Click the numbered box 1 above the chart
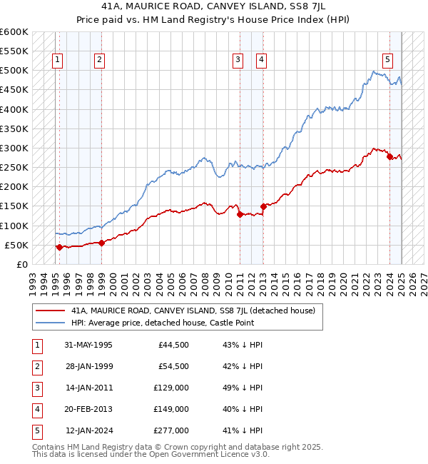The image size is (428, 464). pos(56,60)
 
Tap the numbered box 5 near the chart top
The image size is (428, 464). pos(387,60)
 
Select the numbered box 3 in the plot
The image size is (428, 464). pos(238,60)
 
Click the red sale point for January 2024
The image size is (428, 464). pos(389,157)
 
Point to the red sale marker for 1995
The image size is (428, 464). pos(58,247)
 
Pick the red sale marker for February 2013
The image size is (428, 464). pos(263,206)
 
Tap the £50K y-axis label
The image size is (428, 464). pos(17,245)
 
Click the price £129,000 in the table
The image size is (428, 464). pos(172,388)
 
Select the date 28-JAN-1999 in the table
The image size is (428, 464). pos(88,367)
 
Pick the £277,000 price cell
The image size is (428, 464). pos(172,431)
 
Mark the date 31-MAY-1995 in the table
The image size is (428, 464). pos(88,346)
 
